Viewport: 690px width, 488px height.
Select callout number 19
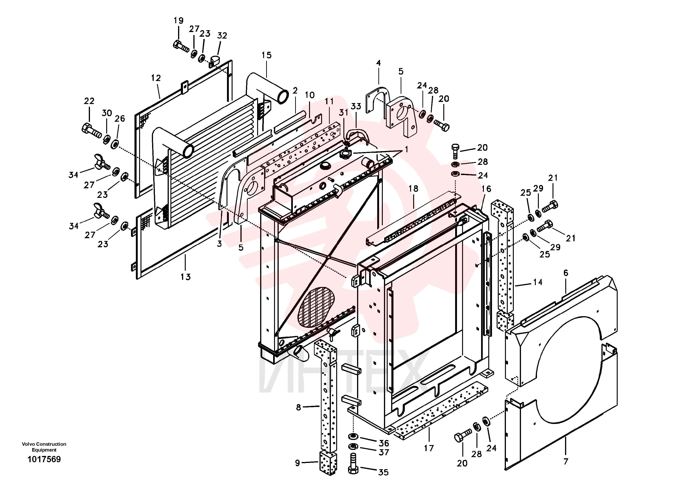(179, 20)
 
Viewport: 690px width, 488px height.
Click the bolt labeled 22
(92, 131)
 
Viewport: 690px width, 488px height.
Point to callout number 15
(266, 55)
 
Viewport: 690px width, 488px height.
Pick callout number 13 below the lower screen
(185, 277)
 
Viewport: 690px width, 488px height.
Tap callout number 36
(384, 443)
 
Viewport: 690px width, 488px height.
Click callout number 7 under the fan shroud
(565, 461)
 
